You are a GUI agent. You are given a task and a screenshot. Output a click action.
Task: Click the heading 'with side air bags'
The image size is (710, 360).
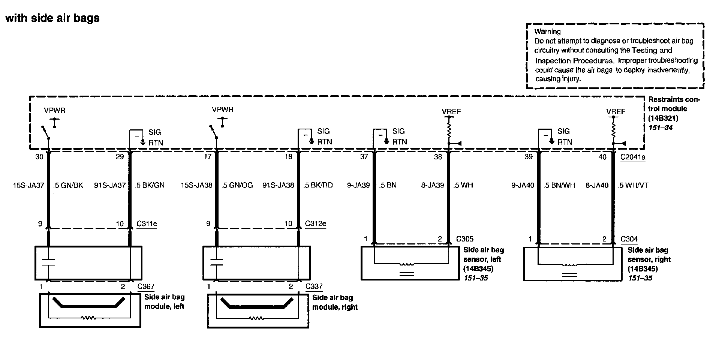tap(52, 18)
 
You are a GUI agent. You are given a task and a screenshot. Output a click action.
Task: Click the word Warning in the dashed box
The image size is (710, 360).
tap(547, 31)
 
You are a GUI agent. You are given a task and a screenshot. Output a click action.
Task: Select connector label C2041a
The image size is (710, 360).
tap(633, 157)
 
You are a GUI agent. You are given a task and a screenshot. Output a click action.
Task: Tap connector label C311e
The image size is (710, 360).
tap(147, 224)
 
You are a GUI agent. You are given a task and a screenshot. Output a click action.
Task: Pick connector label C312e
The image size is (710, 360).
tap(316, 224)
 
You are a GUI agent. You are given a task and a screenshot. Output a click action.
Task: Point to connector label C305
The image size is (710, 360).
tap(465, 239)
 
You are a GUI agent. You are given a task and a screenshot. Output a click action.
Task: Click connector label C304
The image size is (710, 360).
tap(629, 239)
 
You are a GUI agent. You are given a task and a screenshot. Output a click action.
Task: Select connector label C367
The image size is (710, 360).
tap(146, 286)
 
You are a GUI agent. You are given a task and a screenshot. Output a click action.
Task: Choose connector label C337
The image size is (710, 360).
tap(314, 286)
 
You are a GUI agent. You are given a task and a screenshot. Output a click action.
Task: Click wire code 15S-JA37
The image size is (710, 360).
tap(28, 185)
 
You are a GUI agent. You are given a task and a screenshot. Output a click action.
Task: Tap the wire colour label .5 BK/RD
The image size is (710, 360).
tap(318, 185)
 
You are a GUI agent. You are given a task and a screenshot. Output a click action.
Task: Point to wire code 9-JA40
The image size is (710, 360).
tap(523, 185)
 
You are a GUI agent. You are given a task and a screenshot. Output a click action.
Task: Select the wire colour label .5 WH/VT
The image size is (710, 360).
tap(633, 185)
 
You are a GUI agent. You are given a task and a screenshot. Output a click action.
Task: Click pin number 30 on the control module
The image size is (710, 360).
tap(39, 157)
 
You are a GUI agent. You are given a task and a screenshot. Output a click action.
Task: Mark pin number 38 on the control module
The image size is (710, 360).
tap(438, 157)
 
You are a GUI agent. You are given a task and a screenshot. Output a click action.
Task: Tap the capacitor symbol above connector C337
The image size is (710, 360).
tap(217, 262)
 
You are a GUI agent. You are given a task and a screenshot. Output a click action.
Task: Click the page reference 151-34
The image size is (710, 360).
tap(661, 127)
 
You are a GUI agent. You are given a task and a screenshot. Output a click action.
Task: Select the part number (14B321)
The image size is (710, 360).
tap(664, 118)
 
